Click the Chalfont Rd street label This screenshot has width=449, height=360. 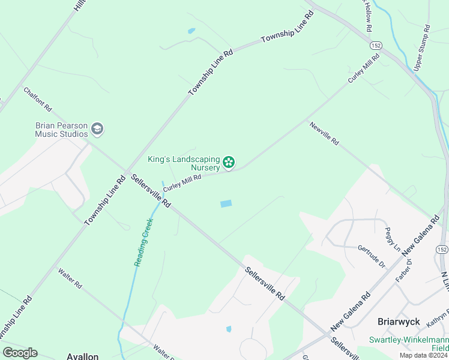click(38, 100)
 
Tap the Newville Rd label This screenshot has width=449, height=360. click(324, 134)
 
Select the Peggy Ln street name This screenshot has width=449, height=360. click(393, 238)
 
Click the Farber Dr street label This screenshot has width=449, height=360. click(405, 271)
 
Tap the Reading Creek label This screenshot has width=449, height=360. click(143, 242)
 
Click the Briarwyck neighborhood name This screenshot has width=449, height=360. click(397, 321)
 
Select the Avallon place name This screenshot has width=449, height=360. click(82, 356)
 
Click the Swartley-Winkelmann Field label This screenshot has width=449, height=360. click(414, 343)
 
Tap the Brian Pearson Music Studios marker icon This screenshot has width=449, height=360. click(97, 129)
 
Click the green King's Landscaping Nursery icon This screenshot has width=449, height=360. click(229, 162)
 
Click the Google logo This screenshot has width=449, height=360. click(20, 352)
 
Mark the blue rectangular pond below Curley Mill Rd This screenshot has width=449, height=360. click(226, 204)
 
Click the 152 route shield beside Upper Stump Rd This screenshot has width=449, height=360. click(376, 45)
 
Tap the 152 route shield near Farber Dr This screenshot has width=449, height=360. click(442, 250)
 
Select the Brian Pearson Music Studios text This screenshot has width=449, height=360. click(61, 130)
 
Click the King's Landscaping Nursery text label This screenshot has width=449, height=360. click(184, 163)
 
